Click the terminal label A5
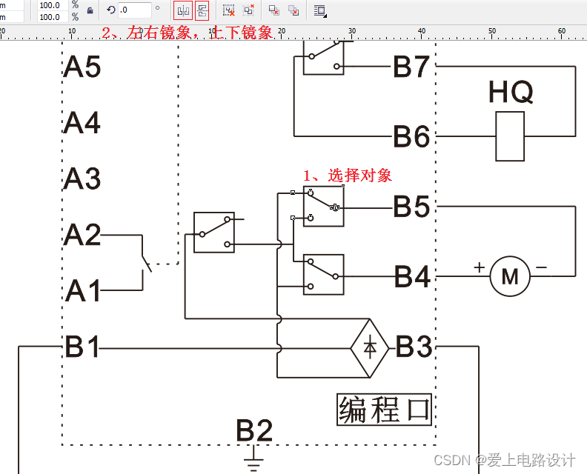coord(82,67)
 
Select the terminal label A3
coord(82,179)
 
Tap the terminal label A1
coord(83,291)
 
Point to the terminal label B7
coord(411,67)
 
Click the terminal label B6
coord(411,137)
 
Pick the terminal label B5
coord(411,207)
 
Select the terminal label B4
coord(412,277)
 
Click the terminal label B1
coord(82,347)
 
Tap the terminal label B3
coord(414,347)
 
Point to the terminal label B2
coord(254,430)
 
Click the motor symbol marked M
coord(510,277)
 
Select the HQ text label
coord(511,93)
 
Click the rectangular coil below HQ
coord(510,136)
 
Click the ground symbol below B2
coord(254,463)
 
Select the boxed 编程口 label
coord(384,409)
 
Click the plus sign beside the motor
coord(480,267)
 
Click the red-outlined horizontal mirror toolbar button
coord(182,10)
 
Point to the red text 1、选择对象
coord(347,176)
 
